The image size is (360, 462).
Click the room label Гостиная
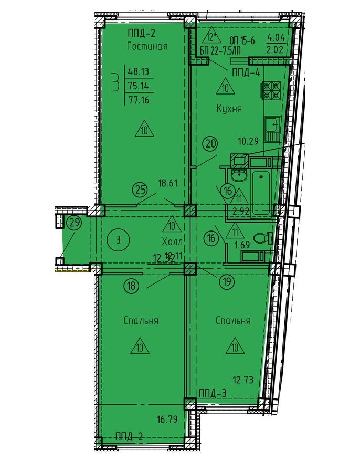(147, 46)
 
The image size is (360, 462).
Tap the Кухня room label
(229, 109)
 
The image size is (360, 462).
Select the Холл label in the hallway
(173, 242)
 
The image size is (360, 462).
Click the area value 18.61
(168, 183)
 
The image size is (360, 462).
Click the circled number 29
(75, 223)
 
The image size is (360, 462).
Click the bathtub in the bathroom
(261, 189)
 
